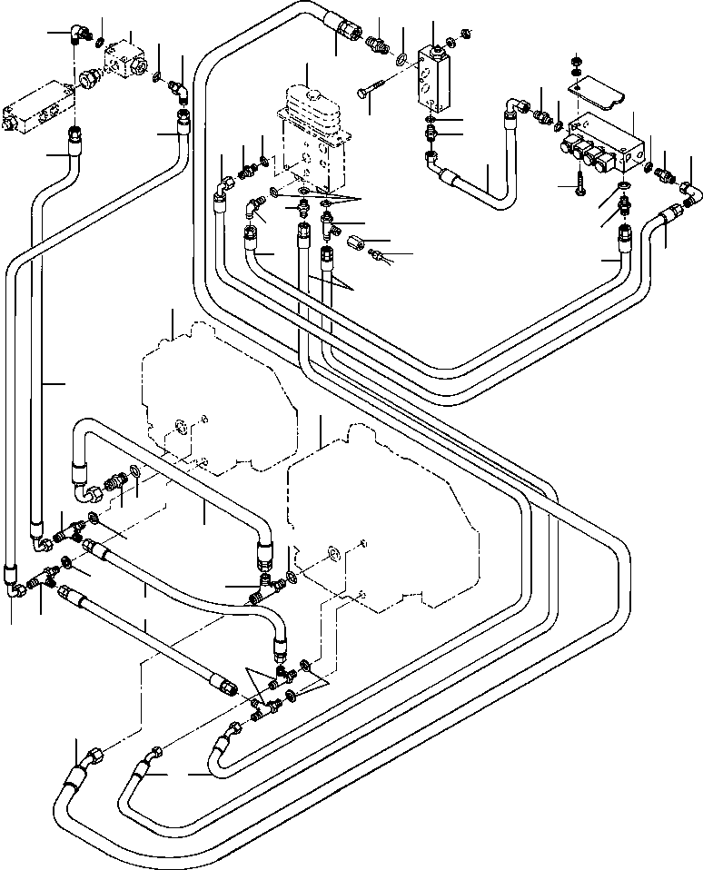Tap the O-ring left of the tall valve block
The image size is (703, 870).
tap(401, 60)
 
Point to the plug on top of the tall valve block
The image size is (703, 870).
tap(434, 45)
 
